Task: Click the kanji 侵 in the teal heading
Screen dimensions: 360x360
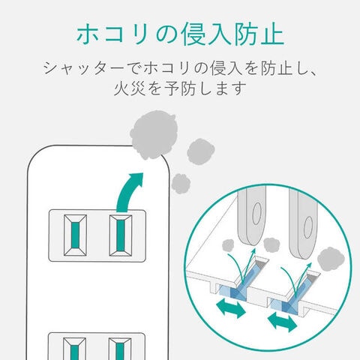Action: (193, 34)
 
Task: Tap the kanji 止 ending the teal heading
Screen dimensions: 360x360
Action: (271, 34)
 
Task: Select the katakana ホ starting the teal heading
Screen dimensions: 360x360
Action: (88, 34)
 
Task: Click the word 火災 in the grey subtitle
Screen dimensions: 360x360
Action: (130, 88)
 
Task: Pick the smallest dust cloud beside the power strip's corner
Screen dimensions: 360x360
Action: (181, 184)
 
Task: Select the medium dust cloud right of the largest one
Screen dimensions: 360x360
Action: (201, 151)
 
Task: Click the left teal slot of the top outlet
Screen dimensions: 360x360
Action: (75, 235)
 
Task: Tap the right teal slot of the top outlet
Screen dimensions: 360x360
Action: (121, 235)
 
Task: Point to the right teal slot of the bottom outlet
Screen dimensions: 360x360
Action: (120, 351)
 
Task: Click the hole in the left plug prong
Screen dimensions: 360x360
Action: (256, 213)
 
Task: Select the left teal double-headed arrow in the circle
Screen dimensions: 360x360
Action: (230, 309)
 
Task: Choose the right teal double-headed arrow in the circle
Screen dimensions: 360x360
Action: (283, 322)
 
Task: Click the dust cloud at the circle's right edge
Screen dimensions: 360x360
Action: (331, 259)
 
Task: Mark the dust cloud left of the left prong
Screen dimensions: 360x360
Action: (228, 245)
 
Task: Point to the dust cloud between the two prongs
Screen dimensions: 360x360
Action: (271, 245)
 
